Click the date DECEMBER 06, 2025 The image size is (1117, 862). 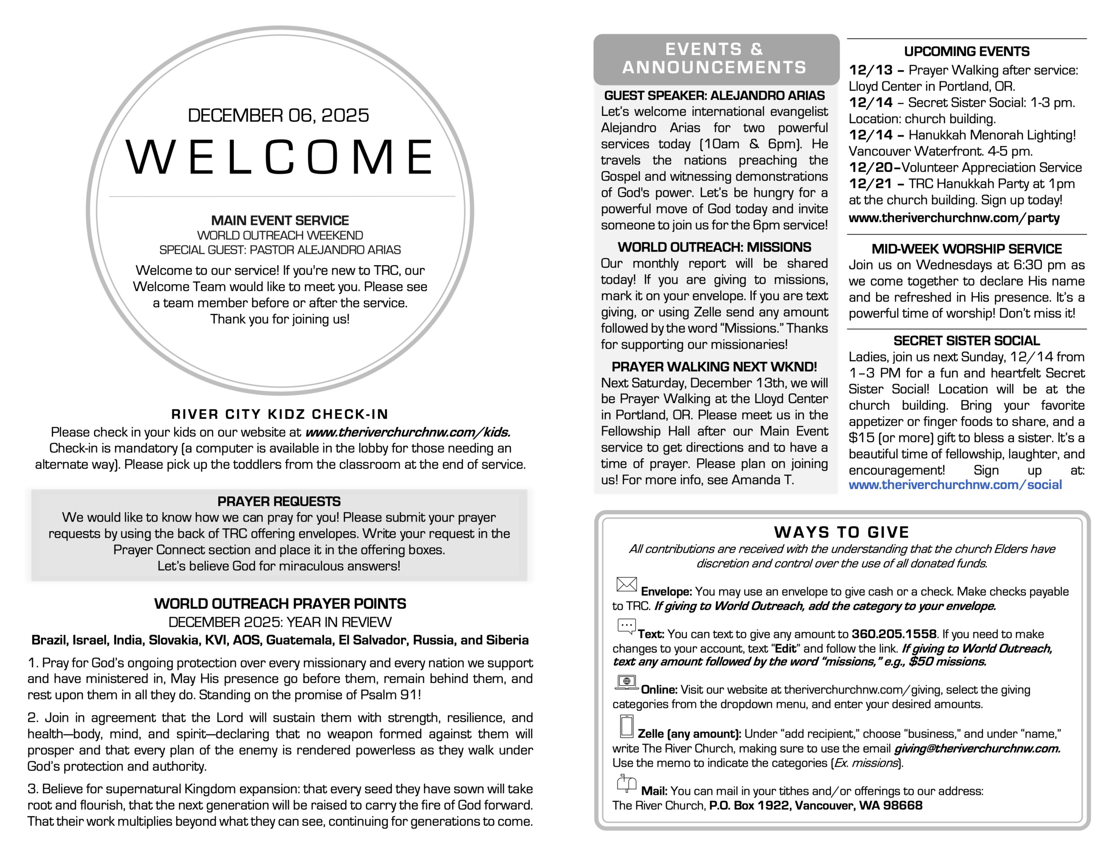click(278, 115)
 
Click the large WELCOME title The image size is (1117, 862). click(280, 157)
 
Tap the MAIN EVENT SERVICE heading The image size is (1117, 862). click(280, 221)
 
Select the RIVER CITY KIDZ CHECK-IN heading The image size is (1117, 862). click(280, 414)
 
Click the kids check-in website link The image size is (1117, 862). click(408, 432)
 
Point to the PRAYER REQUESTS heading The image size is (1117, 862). click(279, 501)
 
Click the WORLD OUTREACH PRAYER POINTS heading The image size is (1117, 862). click(280, 604)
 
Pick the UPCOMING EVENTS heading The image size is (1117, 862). click(966, 51)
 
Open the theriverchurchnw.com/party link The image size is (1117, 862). click(954, 218)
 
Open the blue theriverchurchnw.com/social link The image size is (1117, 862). click(955, 485)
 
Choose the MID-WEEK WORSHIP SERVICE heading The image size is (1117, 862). click(966, 249)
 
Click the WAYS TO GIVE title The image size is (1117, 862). click(841, 533)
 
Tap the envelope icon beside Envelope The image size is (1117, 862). click(627, 584)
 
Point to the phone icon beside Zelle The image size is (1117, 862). click(627, 726)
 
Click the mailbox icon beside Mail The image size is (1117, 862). click(627, 783)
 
